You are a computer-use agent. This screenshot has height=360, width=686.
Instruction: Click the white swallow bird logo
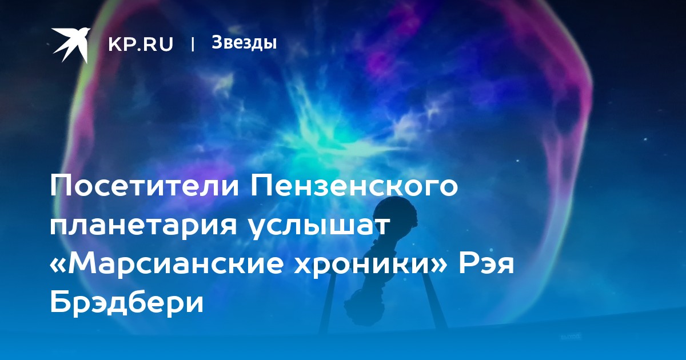[x=70, y=45]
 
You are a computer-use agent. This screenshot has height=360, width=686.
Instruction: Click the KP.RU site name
[x=141, y=44]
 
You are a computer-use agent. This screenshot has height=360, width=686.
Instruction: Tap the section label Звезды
[x=244, y=43]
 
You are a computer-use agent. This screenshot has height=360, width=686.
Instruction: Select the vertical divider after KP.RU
[x=193, y=44]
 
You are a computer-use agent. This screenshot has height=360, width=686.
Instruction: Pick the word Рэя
[x=486, y=263]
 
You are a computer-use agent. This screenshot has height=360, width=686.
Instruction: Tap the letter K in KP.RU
[x=115, y=44]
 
